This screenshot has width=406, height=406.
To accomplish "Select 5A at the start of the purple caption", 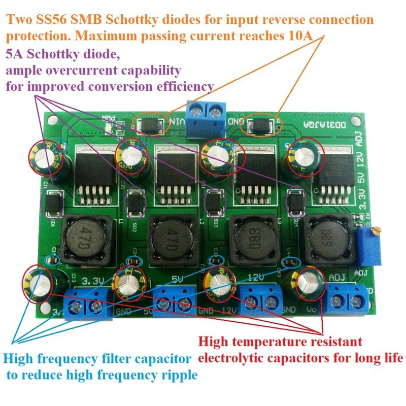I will click(x=14, y=53).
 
